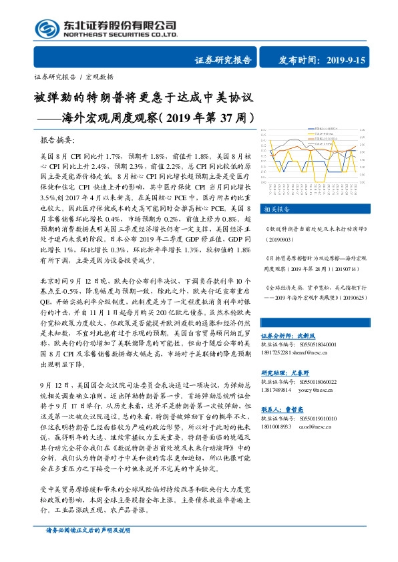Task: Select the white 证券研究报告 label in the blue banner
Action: coord(223,60)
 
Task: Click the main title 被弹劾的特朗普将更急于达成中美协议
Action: coord(144,97)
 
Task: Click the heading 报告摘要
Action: coord(59,142)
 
